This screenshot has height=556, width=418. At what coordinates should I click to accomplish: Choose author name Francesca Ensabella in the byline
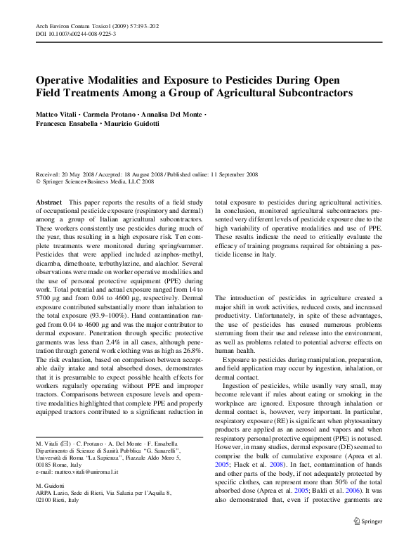(x=68, y=124)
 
